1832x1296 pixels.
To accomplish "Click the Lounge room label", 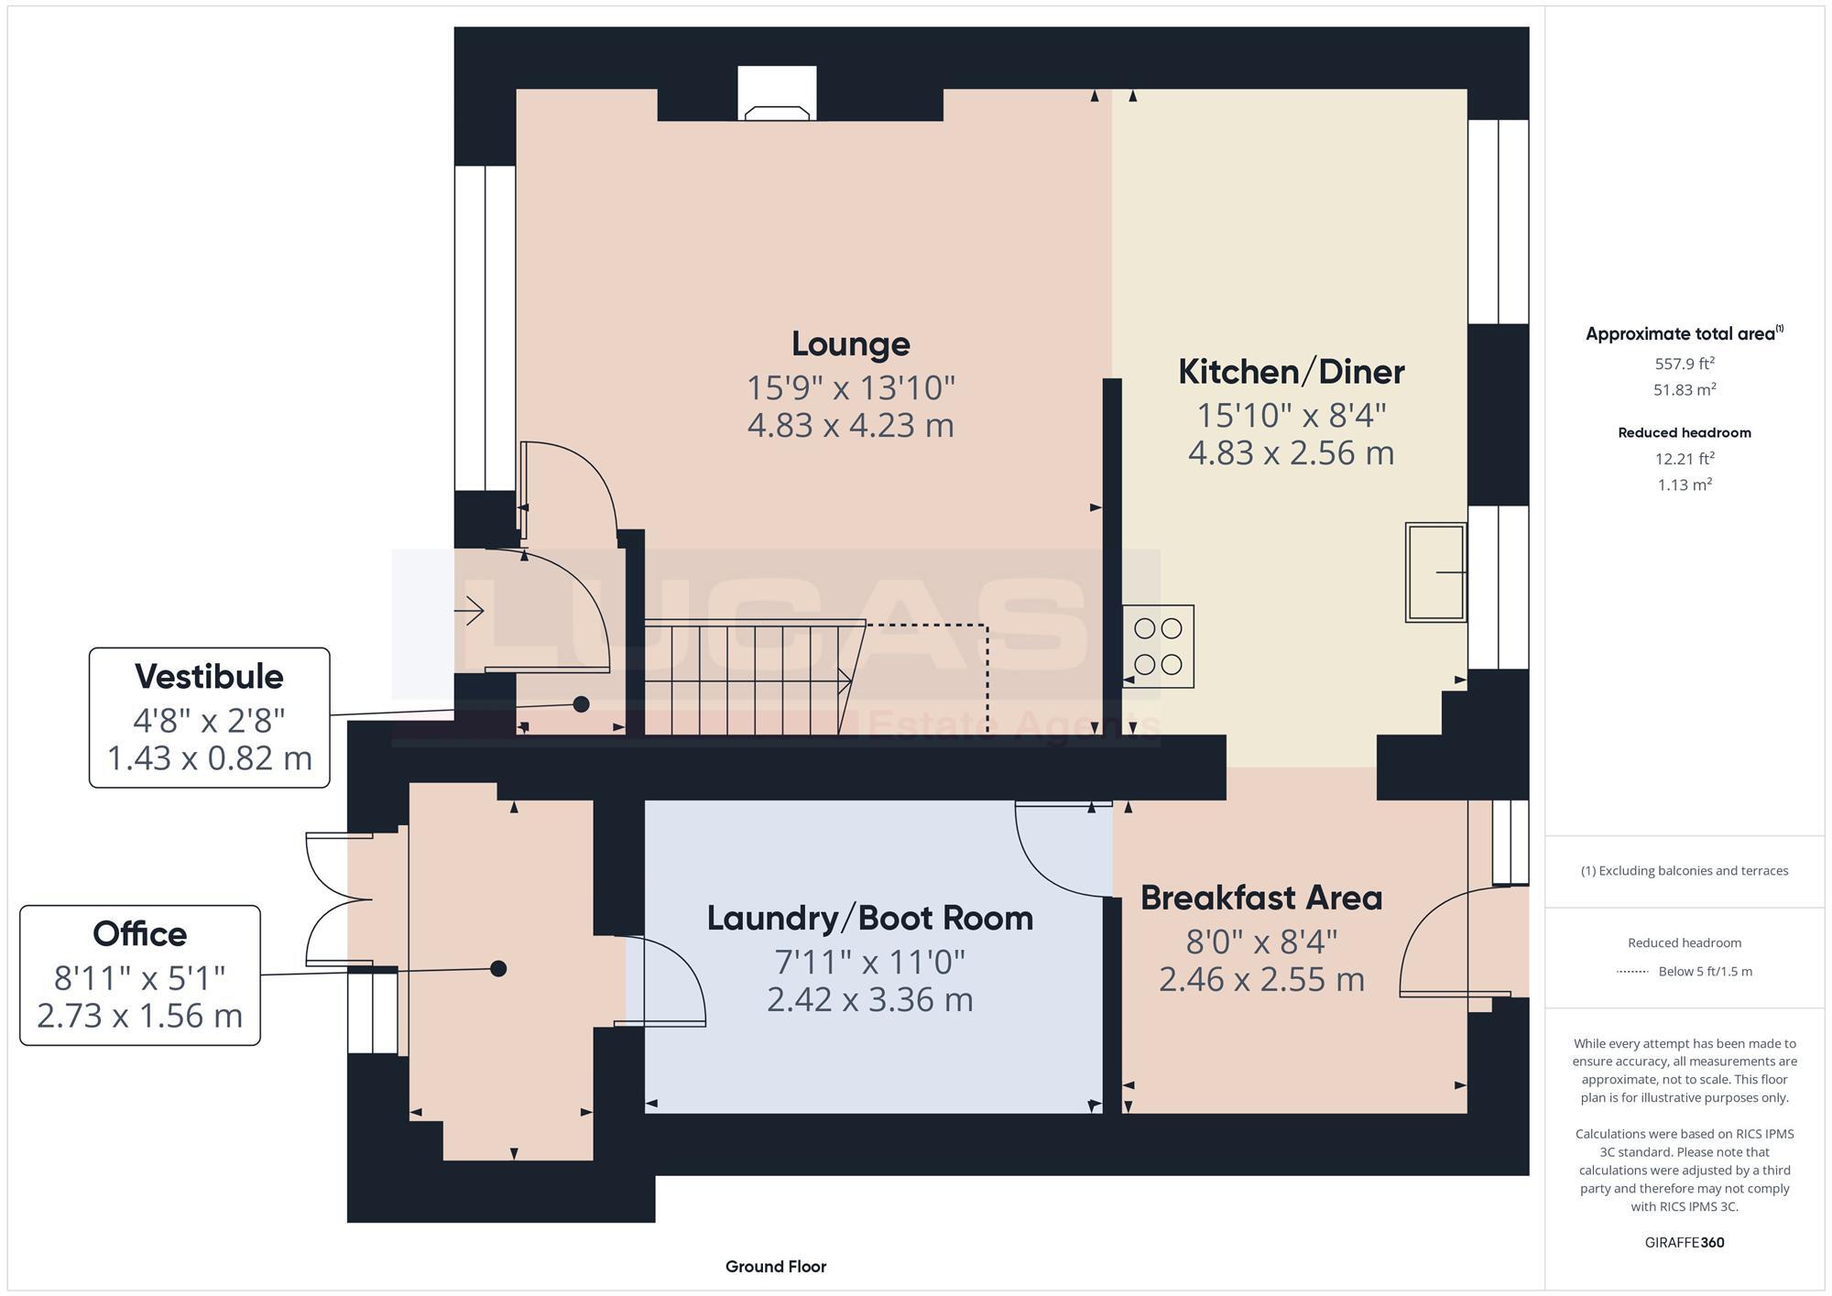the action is pos(851,344).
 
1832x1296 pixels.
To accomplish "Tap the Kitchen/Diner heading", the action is pos(1291,372).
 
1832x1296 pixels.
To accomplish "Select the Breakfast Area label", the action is pos(1261,898).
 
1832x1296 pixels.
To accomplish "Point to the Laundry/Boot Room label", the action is pos(870,919).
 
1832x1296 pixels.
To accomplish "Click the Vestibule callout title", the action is pos(209,677).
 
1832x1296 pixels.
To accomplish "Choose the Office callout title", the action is pos(139,934).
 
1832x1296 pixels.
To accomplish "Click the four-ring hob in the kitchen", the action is pos(1159,646).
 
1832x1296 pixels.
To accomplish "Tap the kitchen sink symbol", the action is pos(1436,572).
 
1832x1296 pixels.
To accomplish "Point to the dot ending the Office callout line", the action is pos(498,968).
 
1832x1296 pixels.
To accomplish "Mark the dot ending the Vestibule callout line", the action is pos(581,704).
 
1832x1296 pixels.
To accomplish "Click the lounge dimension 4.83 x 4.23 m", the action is pos(851,426).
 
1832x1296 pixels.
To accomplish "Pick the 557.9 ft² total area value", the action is pos(1685,364).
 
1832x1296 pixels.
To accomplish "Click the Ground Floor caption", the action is pos(776,1267).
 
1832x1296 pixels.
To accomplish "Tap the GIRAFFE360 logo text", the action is pos(1685,1243).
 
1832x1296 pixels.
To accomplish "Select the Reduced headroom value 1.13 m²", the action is pos(1685,485).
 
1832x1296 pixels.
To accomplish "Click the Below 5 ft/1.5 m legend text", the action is pos(1706,972).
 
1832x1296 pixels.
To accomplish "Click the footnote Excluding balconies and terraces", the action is pos(1685,871).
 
